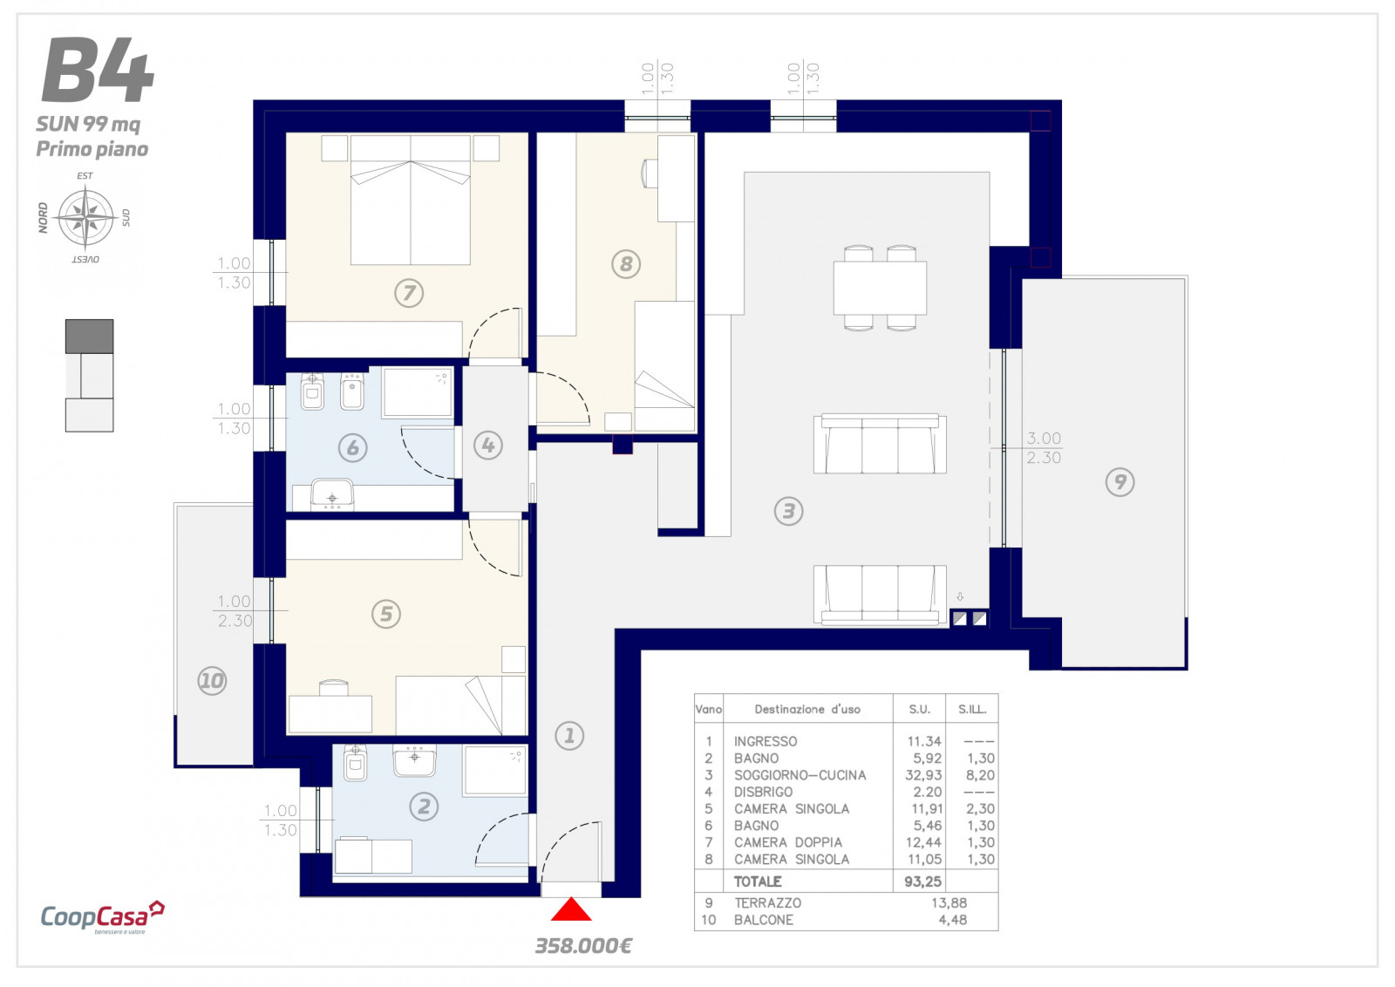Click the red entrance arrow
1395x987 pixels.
coord(570,909)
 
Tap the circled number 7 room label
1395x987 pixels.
coord(409,293)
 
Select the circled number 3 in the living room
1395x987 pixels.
coord(788,511)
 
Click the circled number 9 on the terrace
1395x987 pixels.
coord(1119,482)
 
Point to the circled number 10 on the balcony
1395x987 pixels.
coord(212,681)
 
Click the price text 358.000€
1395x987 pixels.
coord(583,947)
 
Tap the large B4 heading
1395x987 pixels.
coord(98,70)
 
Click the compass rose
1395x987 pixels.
coord(85,218)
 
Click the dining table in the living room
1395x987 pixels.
coord(880,288)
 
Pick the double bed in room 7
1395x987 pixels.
coord(411,200)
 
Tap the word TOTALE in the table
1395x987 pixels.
coord(758,881)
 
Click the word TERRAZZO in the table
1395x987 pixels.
coord(767,903)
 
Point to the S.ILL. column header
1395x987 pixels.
coord(972,709)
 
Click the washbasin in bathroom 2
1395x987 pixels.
coord(414,761)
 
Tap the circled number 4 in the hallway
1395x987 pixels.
coord(487,446)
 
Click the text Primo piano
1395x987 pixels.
coord(92,149)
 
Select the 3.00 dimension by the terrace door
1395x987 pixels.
coord(1044,439)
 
